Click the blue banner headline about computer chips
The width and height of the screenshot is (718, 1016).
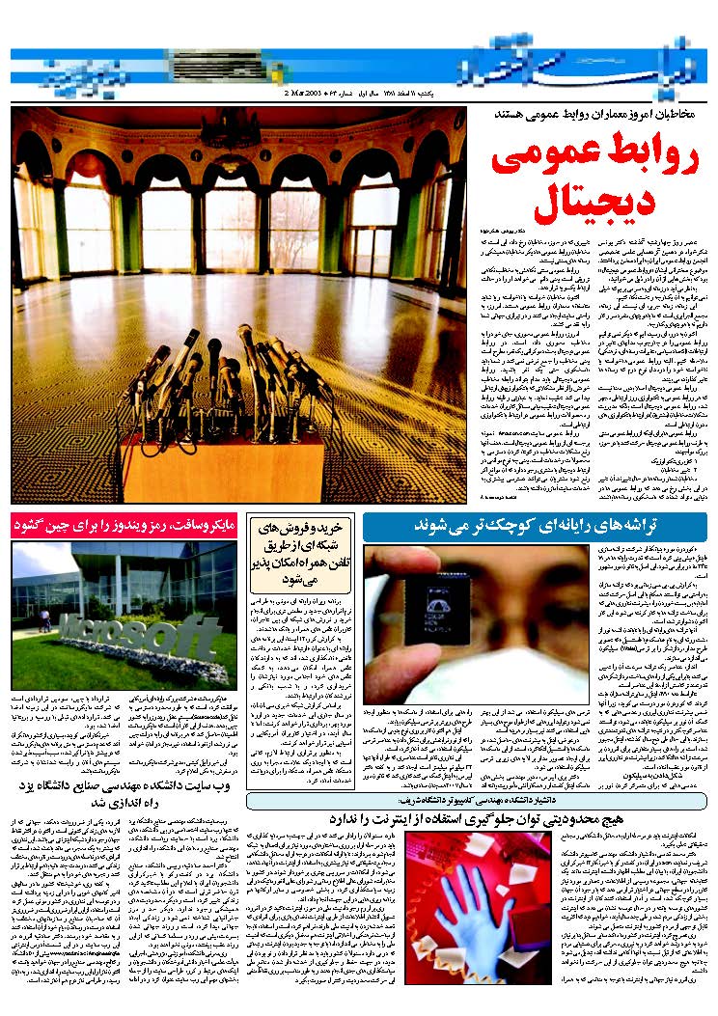click(x=535, y=526)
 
